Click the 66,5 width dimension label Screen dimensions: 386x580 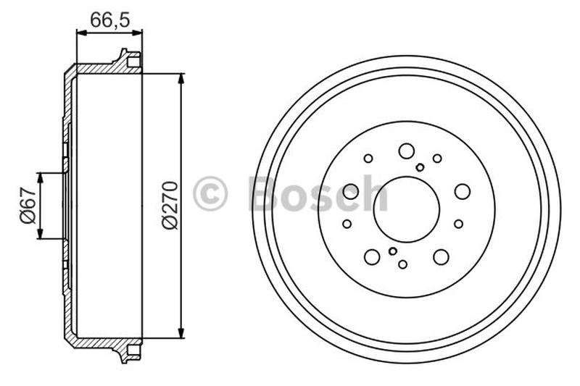109,20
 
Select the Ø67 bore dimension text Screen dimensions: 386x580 27,206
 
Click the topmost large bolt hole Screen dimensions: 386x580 406,151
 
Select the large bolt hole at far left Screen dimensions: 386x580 351,191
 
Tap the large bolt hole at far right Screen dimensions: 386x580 462,191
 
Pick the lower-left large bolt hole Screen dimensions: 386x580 372,256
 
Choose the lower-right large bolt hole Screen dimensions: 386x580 440,256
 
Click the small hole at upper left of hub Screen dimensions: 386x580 368,158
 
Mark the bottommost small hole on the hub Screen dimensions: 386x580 403,264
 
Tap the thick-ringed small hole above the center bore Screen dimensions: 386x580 420,167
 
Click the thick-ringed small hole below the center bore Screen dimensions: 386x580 393,251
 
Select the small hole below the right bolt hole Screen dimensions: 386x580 458,224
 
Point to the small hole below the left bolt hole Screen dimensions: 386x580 347,224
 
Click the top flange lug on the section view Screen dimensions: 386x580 129,59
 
